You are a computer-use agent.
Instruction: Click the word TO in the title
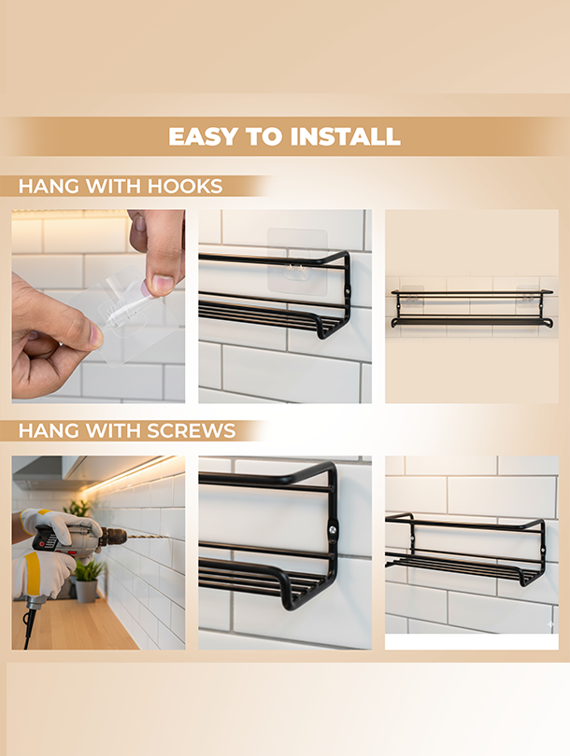(261, 136)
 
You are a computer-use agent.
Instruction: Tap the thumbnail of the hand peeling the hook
(98, 305)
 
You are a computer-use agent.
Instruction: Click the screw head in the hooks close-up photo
(348, 292)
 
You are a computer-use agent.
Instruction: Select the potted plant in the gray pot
(88, 579)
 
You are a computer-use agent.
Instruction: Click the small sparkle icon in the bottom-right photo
(550, 622)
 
